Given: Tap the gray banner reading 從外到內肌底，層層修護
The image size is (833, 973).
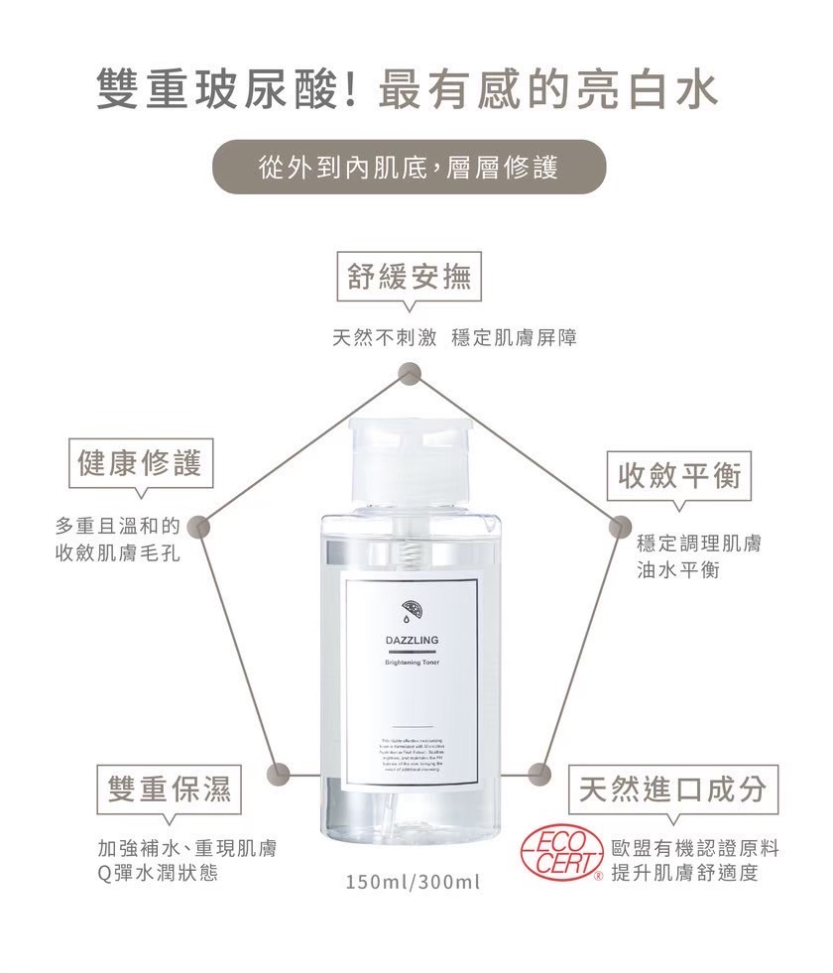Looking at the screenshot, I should tap(410, 167).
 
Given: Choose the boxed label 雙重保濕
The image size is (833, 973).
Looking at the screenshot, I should tap(169, 789).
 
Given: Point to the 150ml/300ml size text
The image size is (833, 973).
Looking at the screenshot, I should tap(413, 881).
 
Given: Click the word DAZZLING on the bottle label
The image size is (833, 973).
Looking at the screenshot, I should tap(412, 640).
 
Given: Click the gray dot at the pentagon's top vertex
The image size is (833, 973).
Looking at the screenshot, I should tap(408, 373).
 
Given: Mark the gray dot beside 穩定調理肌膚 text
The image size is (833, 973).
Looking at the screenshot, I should tap(619, 526).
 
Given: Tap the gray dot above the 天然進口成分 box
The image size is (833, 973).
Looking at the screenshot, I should tap(539, 769).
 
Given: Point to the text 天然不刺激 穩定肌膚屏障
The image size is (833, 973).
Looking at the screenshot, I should tap(453, 338).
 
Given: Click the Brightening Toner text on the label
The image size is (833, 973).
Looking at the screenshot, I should tap(412, 662).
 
